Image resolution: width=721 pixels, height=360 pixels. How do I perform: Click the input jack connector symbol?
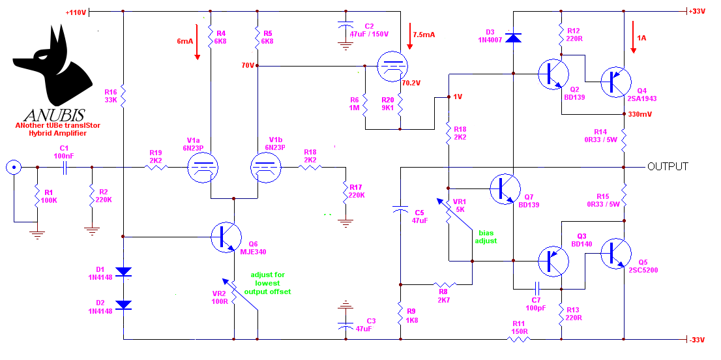click(14, 168)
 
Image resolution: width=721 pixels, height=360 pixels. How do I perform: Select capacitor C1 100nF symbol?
click(65, 168)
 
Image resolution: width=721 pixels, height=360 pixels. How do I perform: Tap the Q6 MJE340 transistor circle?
click(226, 237)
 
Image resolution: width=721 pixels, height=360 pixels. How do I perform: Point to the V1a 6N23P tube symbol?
click(203, 168)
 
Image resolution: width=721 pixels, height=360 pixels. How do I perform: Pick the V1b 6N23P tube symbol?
click(266, 168)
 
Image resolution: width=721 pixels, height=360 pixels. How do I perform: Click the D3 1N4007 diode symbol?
click(513, 37)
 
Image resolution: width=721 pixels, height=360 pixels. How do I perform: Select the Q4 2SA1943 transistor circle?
click(615, 82)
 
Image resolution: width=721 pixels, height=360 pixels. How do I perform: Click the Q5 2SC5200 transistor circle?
click(615, 253)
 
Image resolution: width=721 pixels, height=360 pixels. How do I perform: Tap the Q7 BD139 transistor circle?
click(505, 188)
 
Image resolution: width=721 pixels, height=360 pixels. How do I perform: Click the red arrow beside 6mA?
click(198, 41)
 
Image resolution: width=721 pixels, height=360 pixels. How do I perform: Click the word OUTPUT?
click(668, 166)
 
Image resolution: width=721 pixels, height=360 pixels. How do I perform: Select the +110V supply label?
click(76, 12)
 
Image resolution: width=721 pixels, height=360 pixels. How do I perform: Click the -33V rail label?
click(697, 340)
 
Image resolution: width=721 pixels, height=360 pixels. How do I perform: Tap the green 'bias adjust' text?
click(488, 237)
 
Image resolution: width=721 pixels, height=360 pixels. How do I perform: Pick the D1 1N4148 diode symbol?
click(123, 272)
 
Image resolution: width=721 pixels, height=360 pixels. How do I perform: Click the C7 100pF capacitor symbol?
click(537, 289)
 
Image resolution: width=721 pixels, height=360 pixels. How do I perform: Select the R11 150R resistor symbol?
click(519, 340)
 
